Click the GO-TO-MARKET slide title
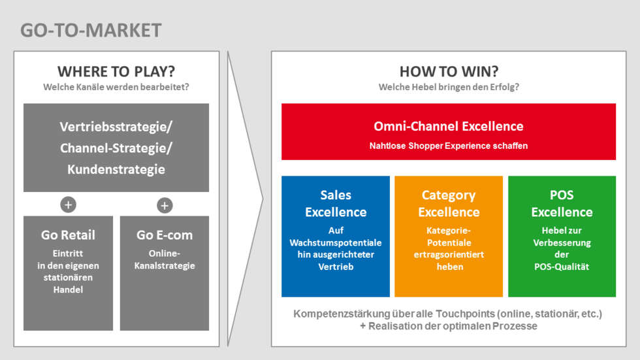(91, 31)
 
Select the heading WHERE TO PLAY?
(116, 71)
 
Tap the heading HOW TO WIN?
(449, 71)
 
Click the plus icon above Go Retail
(68, 205)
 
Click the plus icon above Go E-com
(165, 205)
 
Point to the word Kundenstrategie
(116, 169)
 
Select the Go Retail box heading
(68, 235)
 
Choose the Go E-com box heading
(165, 235)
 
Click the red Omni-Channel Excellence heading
(449, 126)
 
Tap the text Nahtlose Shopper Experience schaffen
(449, 146)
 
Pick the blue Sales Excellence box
(336, 237)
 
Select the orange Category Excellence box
(449, 237)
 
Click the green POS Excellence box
(562, 237)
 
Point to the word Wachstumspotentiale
(336, 242)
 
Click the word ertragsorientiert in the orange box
(449, 255)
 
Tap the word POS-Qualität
(562, 267)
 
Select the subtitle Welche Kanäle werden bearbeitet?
(116, 87)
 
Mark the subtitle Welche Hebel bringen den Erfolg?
(449, 87)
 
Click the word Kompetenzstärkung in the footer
(342, 314)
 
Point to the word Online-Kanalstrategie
(165, 259)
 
